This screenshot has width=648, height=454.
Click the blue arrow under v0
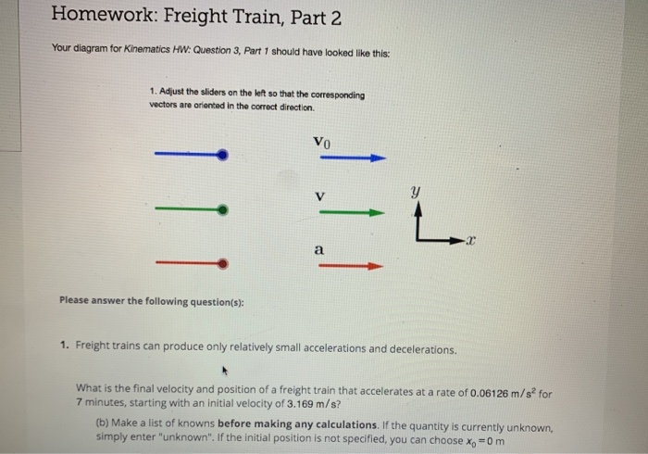coord(353,158)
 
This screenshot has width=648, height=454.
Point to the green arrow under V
coord(353,212)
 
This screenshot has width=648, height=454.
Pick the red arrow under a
coord(353,266)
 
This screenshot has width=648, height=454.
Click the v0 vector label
coord(321,143)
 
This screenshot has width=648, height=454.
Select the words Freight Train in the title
coord(236,15)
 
